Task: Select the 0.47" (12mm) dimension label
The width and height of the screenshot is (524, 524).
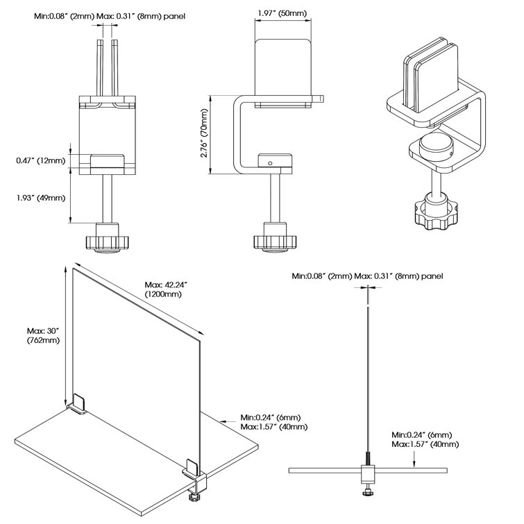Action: pos(41,161)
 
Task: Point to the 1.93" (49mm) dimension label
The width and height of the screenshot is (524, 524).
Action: pos(41,198)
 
